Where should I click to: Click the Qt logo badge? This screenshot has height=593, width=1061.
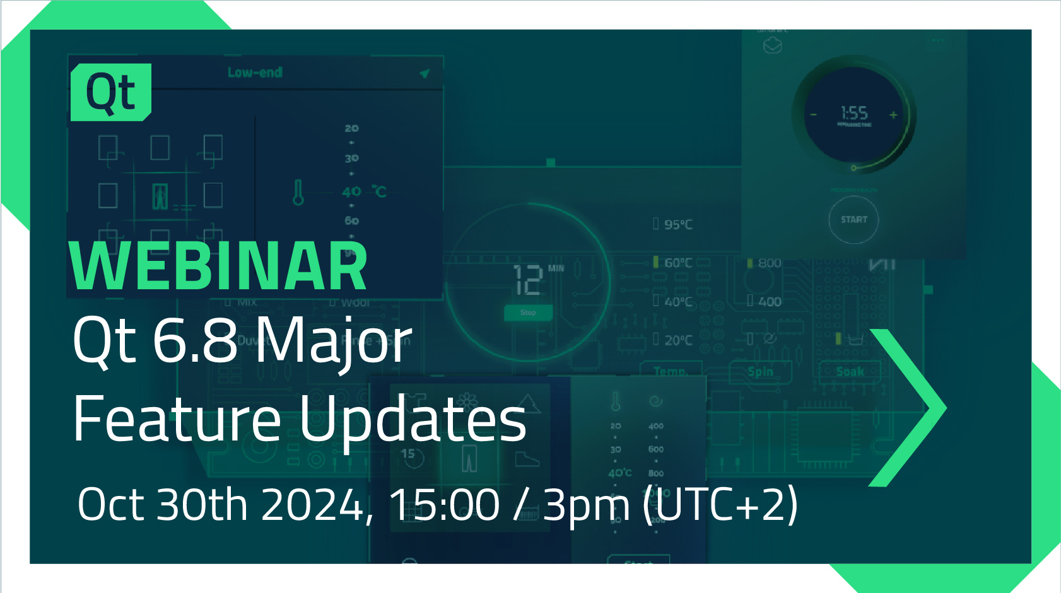111,92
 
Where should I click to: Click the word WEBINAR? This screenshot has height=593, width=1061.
218,267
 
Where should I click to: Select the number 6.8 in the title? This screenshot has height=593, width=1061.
195,341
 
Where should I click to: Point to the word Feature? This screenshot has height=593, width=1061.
177,419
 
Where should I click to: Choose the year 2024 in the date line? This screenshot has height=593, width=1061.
312,505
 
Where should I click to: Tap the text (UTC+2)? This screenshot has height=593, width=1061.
720,505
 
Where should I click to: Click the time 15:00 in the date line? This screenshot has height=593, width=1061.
444,505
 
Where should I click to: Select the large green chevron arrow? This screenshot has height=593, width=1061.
908,408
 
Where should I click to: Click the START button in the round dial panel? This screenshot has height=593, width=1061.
853,220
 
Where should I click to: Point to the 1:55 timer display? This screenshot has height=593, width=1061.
854,113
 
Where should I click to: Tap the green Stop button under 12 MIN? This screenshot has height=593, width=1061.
528,313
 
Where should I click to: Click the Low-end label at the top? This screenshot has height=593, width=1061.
255,72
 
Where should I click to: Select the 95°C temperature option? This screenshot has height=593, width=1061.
677,224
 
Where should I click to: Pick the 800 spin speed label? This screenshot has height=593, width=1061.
768,263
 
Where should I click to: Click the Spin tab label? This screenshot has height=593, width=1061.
760,372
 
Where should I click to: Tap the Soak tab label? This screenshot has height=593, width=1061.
850,372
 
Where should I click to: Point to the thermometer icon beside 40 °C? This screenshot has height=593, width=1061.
298,192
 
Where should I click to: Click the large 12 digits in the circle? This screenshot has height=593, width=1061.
528,280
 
